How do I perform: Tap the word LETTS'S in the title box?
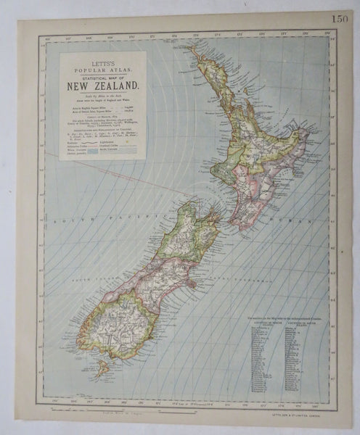coord(102,57)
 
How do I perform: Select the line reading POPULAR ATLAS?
coord(102,63)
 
